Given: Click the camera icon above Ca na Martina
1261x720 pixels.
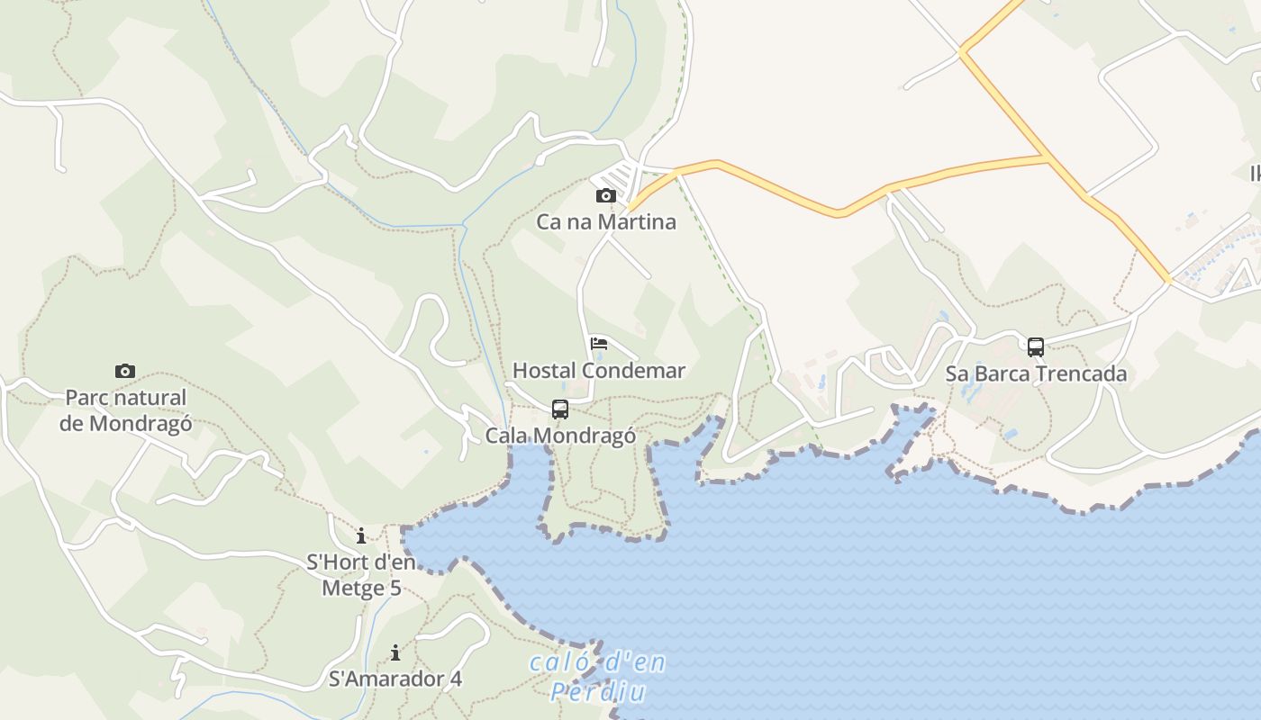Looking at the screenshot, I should pos(606,196).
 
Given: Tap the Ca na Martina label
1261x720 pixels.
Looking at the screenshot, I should pos(606,221).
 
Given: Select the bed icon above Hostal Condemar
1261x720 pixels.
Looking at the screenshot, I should pos(599,344).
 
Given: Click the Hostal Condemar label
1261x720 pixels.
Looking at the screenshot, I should pos(599,371).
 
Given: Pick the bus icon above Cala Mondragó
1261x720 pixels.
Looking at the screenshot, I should pos(560,409).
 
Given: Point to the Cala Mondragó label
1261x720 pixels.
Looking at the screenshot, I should pos(560,436).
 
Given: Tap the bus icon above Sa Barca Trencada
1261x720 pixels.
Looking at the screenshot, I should pos(1036,347).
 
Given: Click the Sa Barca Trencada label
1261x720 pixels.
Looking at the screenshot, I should pos(1036,373).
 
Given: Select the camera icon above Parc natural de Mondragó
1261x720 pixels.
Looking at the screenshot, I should pos(125,371).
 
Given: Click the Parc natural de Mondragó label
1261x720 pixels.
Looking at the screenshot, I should pos(125,410).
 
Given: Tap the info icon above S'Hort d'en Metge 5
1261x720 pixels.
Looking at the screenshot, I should pos(361,536).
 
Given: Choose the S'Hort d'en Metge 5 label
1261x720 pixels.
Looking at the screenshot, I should pos(361,576).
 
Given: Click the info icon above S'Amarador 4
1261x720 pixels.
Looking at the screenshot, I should pos(395,652).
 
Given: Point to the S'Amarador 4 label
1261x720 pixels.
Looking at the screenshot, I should pos(395,679).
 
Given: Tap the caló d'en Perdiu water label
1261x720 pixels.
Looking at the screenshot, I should pos(598,677).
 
